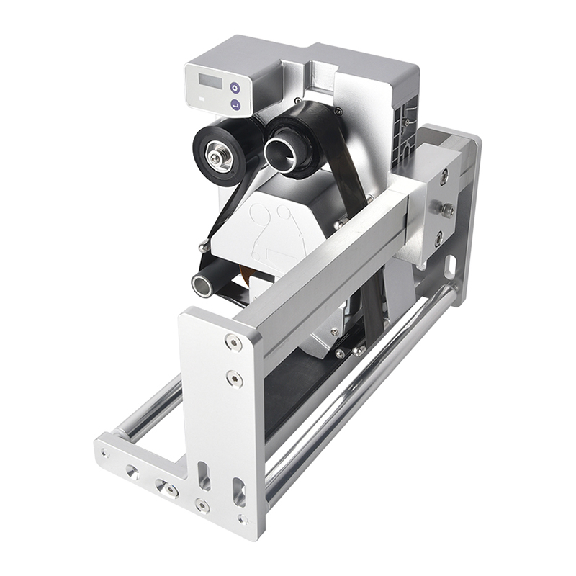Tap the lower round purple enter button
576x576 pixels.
(235, 105)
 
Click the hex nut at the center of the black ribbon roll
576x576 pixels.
(216, 155)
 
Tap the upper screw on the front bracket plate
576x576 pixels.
(232, 343)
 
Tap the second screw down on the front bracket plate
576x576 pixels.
(233, 377)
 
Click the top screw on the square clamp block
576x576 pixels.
(444, 175)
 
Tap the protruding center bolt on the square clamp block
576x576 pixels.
(447, 210)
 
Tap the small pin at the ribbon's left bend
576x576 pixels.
(204, 248)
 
